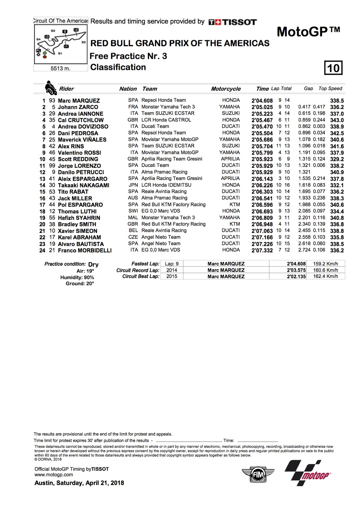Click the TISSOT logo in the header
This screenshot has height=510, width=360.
[x=233, y=22]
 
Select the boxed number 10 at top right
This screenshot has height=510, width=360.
[x=333, y=68]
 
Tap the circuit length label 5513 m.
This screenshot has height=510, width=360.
[x=60, y=68]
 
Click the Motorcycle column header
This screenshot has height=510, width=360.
[x=226, y=89]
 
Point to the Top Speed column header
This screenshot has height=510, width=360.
[x=330, y=89]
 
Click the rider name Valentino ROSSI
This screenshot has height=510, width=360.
[x=79, y=153]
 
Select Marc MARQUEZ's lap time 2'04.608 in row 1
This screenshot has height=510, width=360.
[x=262, y=101]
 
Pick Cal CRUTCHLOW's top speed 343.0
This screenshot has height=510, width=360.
[x=337, y=120]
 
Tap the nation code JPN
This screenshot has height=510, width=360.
[x=133, y=185]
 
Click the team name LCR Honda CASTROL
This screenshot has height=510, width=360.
[x=166, y=120]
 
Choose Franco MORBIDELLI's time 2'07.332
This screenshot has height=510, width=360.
[x=262, y=250]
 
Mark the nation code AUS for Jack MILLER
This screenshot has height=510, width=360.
[x=133, y=198]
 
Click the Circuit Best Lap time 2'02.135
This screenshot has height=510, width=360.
[x=296, y=276]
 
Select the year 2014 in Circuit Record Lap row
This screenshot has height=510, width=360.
[x=172, y=270]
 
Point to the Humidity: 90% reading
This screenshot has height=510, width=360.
[x=77, y=278]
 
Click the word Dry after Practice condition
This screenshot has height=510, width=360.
[x=93, y=264]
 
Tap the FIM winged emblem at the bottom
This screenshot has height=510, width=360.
[x=258, y=474]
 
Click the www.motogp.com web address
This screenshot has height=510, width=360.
[x=54, y=475]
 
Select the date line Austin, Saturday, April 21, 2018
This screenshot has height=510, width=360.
[x=79, y=483]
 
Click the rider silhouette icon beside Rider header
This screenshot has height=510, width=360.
[x=50, y=88]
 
